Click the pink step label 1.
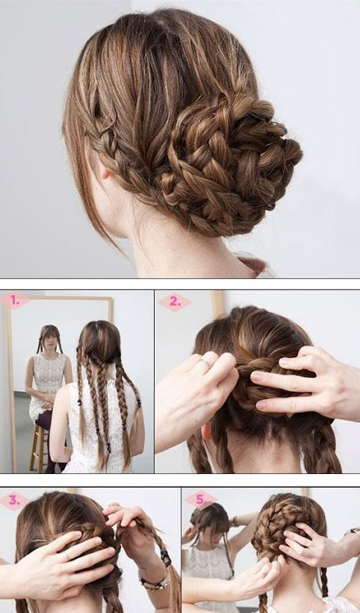[15, 300]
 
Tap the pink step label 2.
[175, 302]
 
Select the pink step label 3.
[14, 501]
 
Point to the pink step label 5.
[202, 500]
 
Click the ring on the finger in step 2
[206, 364]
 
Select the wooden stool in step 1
[39, 447]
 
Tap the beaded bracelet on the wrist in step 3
[154, 582]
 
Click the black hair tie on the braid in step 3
[166, 558]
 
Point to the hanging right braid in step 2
[325, 446]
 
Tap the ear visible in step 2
[207, 433]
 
